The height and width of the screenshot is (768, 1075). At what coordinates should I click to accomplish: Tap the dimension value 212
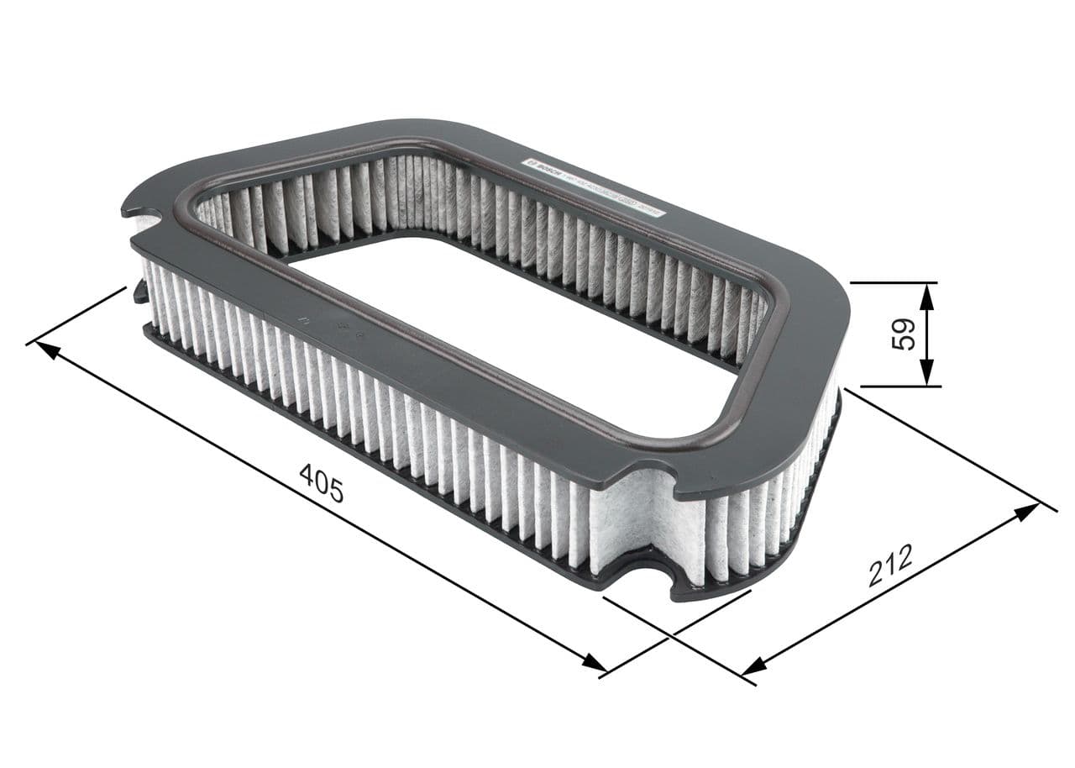(x=890, y=565)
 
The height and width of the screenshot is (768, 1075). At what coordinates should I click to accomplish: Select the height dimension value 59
(x=903, y=334)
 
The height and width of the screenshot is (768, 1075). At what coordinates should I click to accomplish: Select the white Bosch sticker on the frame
(x=593, y=187)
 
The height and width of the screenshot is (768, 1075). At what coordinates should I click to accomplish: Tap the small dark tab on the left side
(x=140, y=292)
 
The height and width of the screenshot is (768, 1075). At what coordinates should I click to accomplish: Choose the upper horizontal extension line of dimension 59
(x=894, y=283)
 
